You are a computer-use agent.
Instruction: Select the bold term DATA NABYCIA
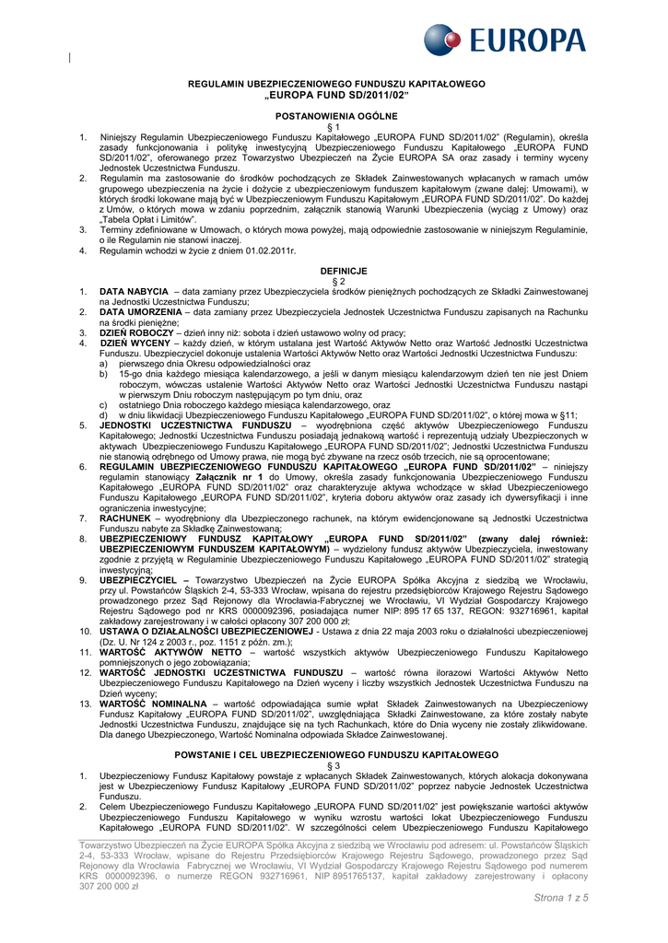click(134, 291)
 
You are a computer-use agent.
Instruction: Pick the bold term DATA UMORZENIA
click(141, 311)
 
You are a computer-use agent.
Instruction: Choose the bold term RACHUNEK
click(125, 518)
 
